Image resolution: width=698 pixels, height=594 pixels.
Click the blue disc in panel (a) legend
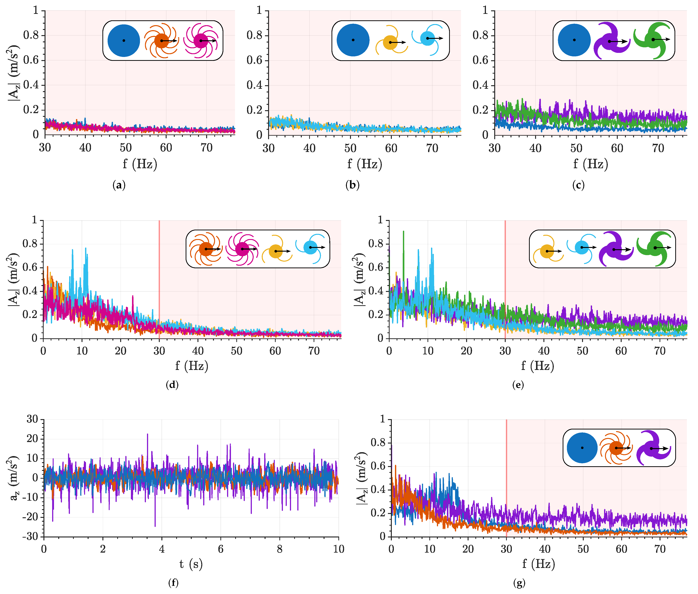[124, 40]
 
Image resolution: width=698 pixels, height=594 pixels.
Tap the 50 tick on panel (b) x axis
[350, 148]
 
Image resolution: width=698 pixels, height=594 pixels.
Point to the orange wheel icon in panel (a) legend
[161, 41]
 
